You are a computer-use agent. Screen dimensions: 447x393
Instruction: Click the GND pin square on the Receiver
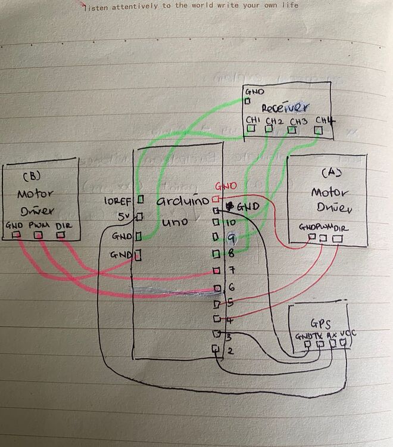click(247, 101)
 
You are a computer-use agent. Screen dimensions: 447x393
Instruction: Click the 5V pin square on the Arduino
click(141, 216)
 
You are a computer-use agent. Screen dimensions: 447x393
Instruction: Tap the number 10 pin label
click(230, 222)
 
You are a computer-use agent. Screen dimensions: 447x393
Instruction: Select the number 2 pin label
click(230, 350)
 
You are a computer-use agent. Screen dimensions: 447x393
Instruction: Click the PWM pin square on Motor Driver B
click(39, 235)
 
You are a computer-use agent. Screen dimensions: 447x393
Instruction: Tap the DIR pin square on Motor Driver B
click(60, 235)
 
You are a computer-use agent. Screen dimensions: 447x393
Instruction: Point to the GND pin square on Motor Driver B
click(16, 235)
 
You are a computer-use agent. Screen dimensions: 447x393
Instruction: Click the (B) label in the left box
click(30, 177)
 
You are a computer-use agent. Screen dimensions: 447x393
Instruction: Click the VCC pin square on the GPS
click(343, 343)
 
